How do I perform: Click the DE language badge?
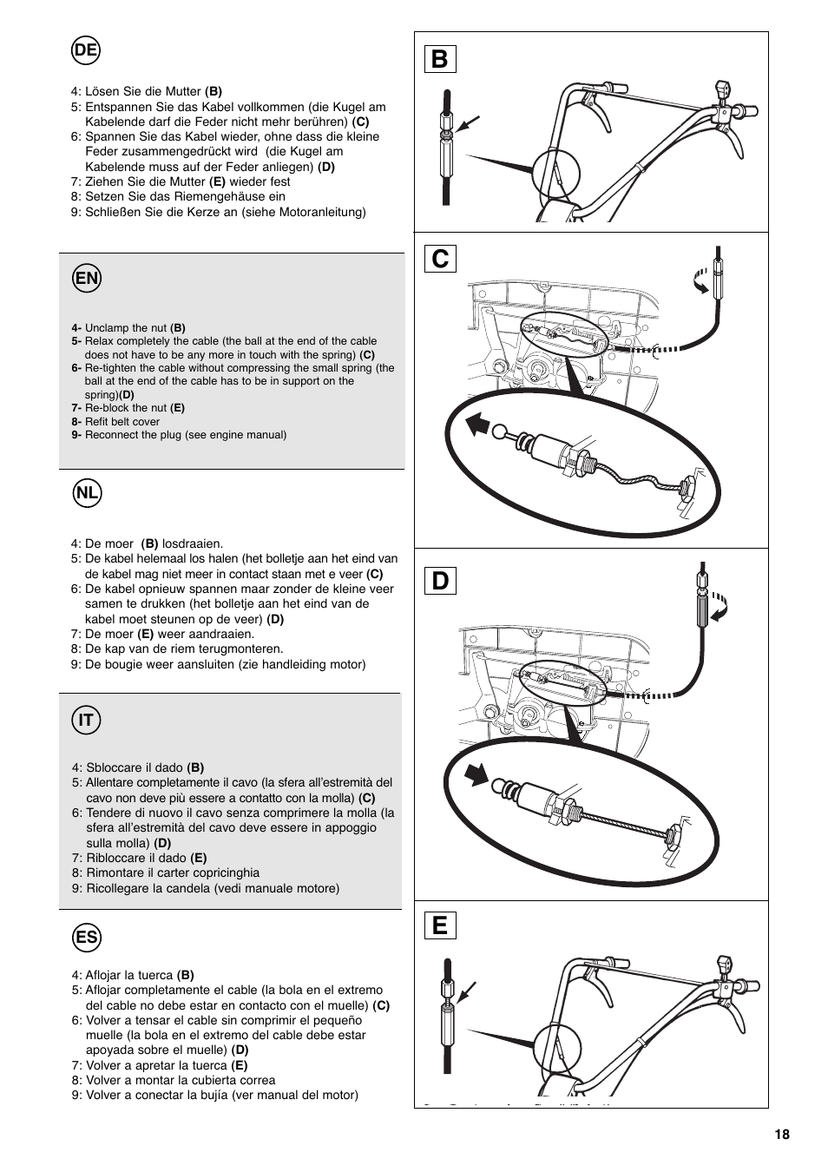pyautogui.click(x=86, y=51)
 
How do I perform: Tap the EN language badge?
pyautogui.click(x=86, y=279)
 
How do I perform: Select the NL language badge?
pyautogui.click(x=86, y=494)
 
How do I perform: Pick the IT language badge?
pyautogui.click(x=86, y=720)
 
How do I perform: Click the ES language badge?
pyautogui.click(x=86, y=938)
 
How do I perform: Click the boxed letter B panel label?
pyautogui.click(x=439, y=59)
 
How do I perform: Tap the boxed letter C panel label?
pyautogui.click(x=439, y=259)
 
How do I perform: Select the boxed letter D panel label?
pyautogui.click(x=439, y=580)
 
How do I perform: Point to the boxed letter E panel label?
pyautogui.click(x=439, y=925)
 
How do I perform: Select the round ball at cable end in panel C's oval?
pyautogui.click(x=502, y=431)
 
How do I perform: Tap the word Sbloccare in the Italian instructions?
pyautogui.click(x=110, y=767)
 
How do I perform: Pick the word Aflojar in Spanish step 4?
pyautogui.click(x=104, y=975)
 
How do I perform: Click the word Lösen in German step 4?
pyautogui.click(x=101, y=91)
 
